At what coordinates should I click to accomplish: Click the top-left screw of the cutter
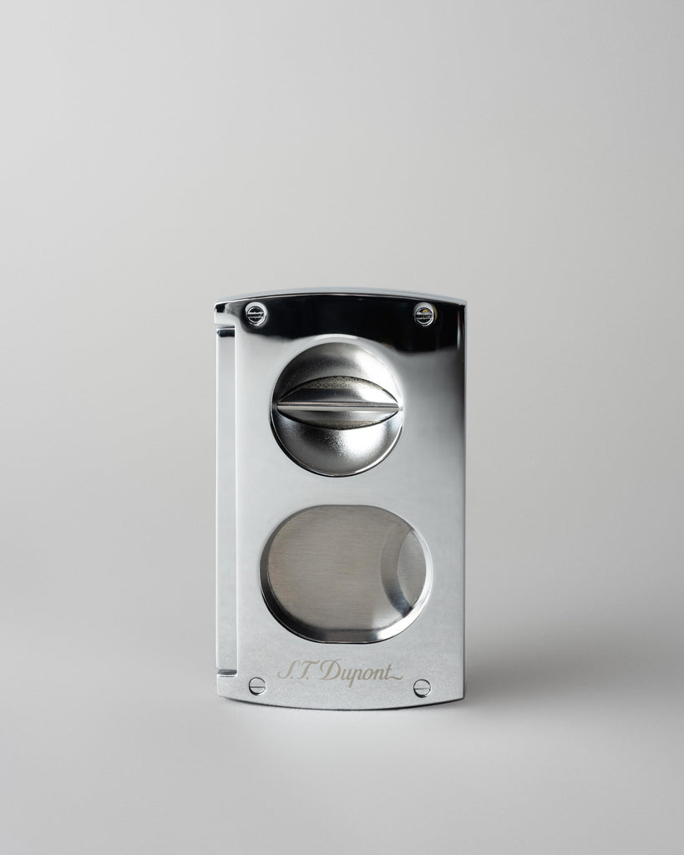[256, 315]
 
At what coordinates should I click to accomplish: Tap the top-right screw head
[424, 315]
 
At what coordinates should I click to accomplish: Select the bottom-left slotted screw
[257, 685]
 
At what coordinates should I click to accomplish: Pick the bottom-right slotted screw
[422, 688]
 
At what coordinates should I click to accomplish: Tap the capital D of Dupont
[330, 669]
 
